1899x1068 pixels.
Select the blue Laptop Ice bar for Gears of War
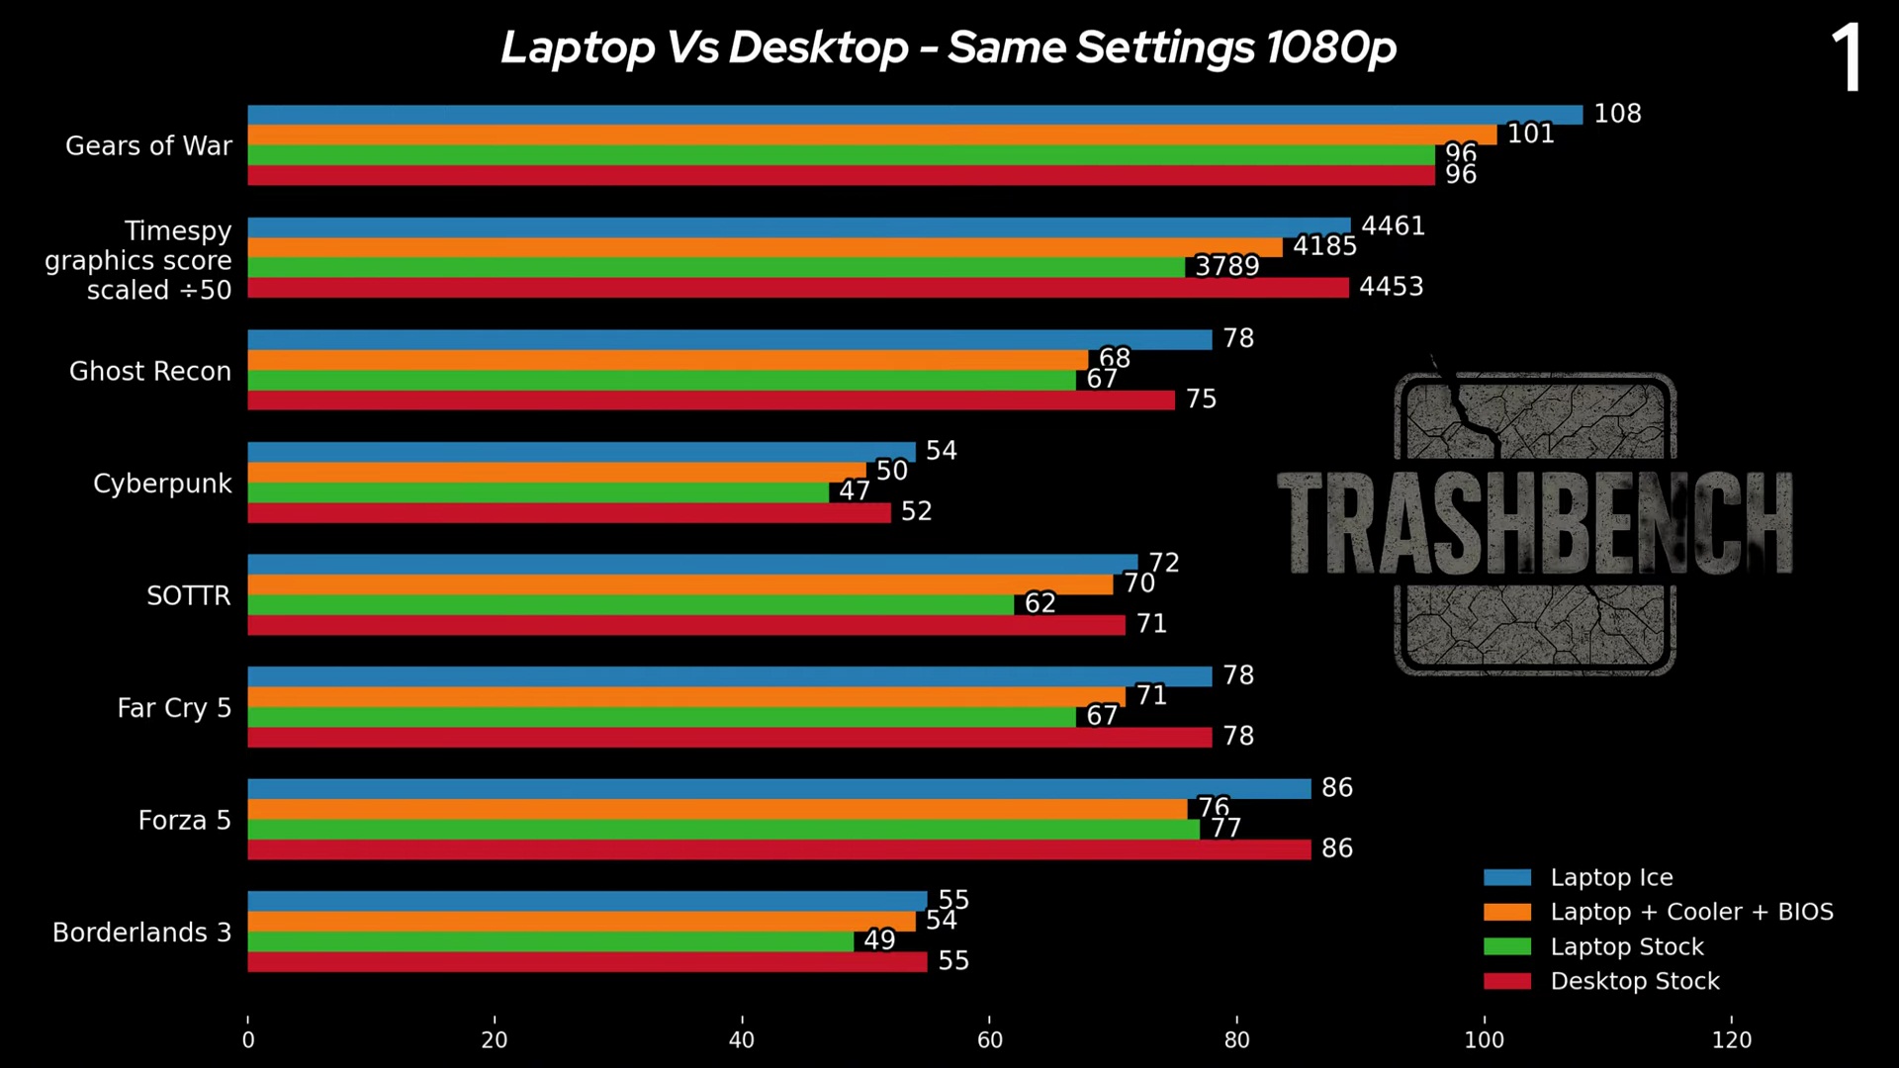click(x=915, y=115)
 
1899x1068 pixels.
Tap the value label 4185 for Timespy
click(x=1324, y=246)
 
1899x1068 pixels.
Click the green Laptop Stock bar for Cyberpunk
click(x=538, y=492)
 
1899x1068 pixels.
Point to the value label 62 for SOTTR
click(x=1040, y=603)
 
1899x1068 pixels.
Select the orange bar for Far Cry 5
click(x=685, y=696)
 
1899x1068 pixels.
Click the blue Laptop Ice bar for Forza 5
click(x=778, y=788)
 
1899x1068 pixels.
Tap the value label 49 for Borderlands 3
click(x=879, y=939)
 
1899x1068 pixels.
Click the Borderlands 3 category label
click(x=141, y=933)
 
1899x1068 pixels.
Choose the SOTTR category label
click(x=188, y=595)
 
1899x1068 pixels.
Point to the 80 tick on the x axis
click(x=1236, y=1040)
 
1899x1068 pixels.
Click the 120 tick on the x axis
click(x=1731, y=1040)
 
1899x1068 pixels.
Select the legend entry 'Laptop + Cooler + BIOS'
click(x=1691, y=912)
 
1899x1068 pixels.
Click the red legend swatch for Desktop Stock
click(x=1506, y=981)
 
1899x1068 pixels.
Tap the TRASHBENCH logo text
click(x=1534, y=524)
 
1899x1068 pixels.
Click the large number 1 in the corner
click(x=1847, y=59)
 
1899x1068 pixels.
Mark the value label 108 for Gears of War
click(x=1617, y=114)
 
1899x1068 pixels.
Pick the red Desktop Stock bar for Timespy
click(x=797, y=288)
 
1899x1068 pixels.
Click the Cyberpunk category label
click(x=162, y=484)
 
